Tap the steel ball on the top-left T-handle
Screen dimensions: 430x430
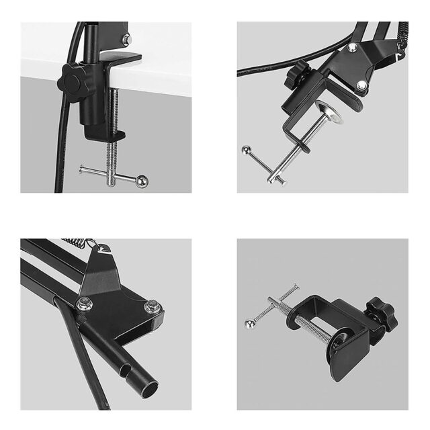pyautogui.click(x=142, y=182)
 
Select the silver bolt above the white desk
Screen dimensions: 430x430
pyautogui.click(x=126, y=40)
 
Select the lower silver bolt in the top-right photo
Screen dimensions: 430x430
pyautogui.click(x=361, y=85)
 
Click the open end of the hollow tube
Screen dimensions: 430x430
pyautogui.click(x=146, y=390)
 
